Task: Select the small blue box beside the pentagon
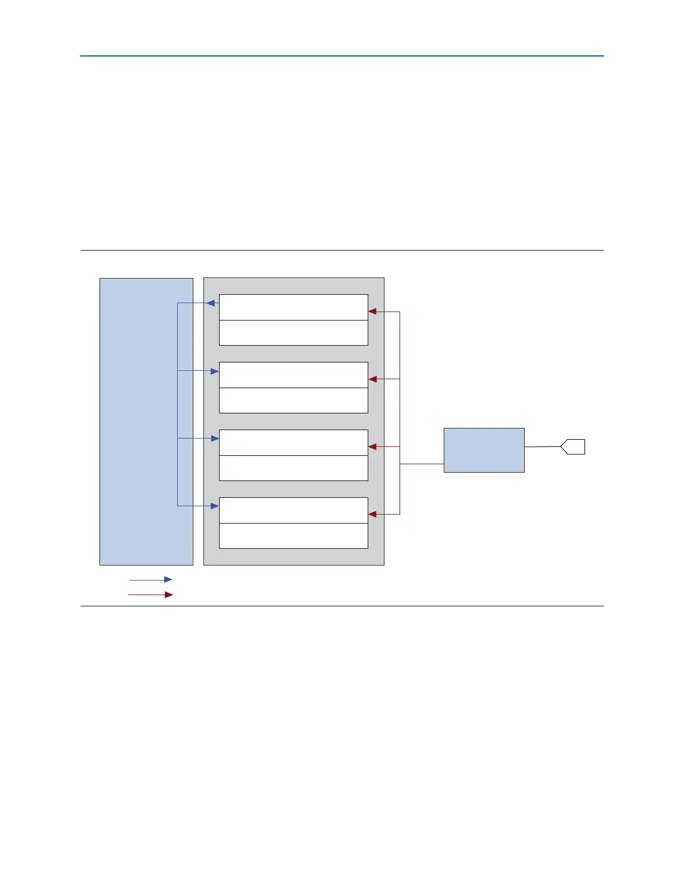click(484, 450)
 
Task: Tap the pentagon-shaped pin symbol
click(573, 447)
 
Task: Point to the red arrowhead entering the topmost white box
click(373, 312)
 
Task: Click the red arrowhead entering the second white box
click(373, 379)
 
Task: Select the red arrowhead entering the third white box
click(373, 447)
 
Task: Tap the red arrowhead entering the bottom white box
click(373, 514)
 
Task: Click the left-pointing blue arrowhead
click(211, 303)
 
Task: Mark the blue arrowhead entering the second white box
click(215, 371)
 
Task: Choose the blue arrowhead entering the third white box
click(215, 439)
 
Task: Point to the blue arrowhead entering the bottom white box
click(215, 506)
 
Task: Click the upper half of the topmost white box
click(293, 307)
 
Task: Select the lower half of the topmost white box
click(293, 333)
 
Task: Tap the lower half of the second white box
click(293, 400)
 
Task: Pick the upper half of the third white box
click(293, 442)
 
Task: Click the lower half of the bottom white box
click(293, 536)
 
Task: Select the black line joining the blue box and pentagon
click(542, 447)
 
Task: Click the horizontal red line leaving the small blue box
click(422, 464)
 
